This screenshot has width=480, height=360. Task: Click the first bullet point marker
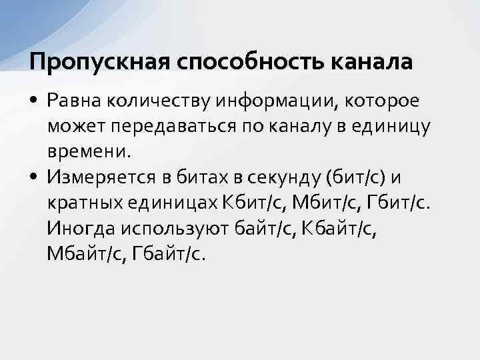[x=33, y=100]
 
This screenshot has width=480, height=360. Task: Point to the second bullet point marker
[x=33, y=177]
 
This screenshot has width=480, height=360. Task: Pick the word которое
[x=385, y=100]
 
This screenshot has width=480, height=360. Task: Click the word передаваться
[x=182, y=125]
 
